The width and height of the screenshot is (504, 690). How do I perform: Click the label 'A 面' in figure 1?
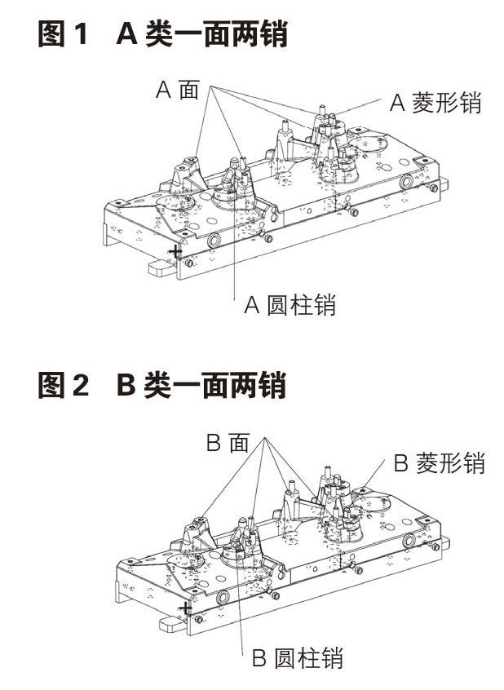click(x=177, y=90)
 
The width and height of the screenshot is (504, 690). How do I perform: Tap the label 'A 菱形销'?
click(x=435, y=103)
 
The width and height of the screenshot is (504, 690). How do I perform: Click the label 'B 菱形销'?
click(x=439, y=463)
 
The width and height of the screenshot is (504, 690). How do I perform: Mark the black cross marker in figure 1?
click(x=175, y=253)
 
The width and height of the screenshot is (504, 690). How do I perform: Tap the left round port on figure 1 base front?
click(x=214, y=241)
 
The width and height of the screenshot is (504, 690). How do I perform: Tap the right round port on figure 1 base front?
click(x=405, y=181)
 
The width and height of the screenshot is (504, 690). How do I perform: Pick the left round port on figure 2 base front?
click(x=222, y=598)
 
